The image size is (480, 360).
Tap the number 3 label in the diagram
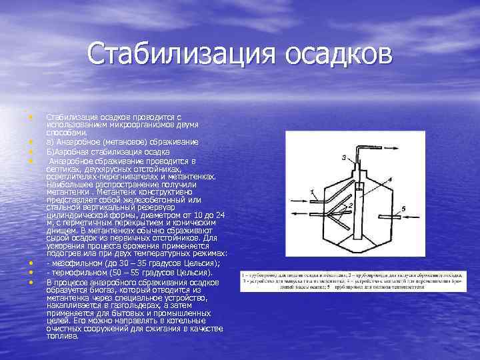[344, 157]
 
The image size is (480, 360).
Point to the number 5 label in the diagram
[404, 209]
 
